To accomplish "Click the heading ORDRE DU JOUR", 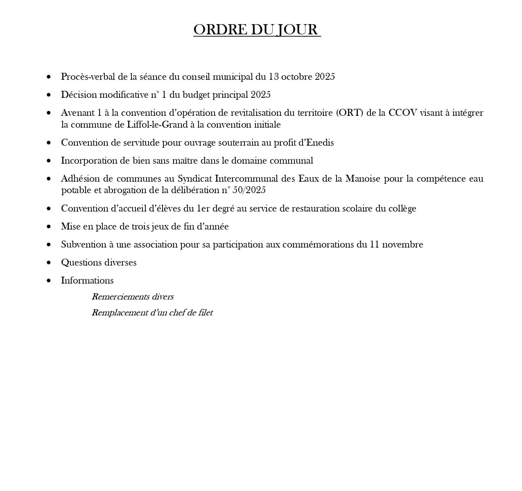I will [257, 29].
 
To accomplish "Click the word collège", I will [401, 209].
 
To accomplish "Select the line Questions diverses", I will [99, 263].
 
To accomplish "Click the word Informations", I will [87, 281].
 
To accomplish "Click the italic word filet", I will [205, 313].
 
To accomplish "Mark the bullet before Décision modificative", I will [49, 95].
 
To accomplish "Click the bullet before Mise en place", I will [49, 227].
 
